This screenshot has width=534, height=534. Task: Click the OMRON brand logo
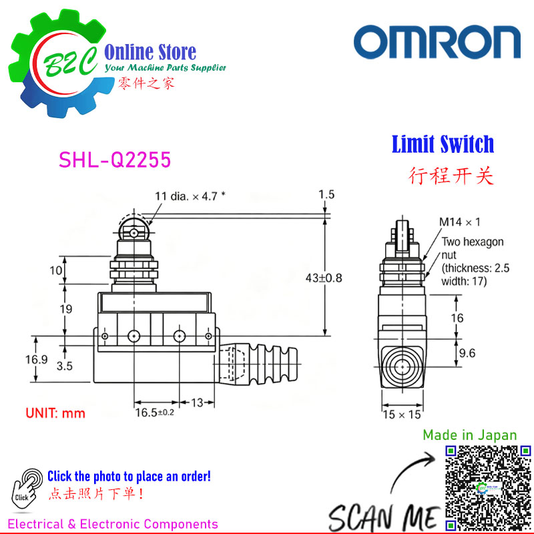click(437, 42)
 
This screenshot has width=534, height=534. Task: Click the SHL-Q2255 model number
click(115, 160)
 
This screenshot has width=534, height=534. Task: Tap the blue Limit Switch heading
click(443, 144)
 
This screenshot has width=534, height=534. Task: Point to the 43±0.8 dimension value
click(324, 278)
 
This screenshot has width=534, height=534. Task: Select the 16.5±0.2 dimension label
click(155, 413)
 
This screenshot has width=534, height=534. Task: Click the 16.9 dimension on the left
click(37, 359)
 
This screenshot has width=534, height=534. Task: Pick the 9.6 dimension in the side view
click(467, 353)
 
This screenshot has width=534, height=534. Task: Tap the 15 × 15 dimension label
click(402, 415)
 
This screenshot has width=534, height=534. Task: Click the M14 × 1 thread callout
click(460, 222)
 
